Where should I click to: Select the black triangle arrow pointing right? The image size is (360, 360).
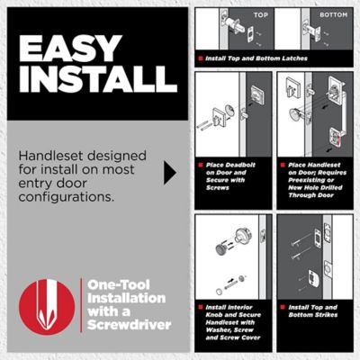pyautogui.click(x=169, y=172)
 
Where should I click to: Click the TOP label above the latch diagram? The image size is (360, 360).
pyautogui.click(x=260, y=15)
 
